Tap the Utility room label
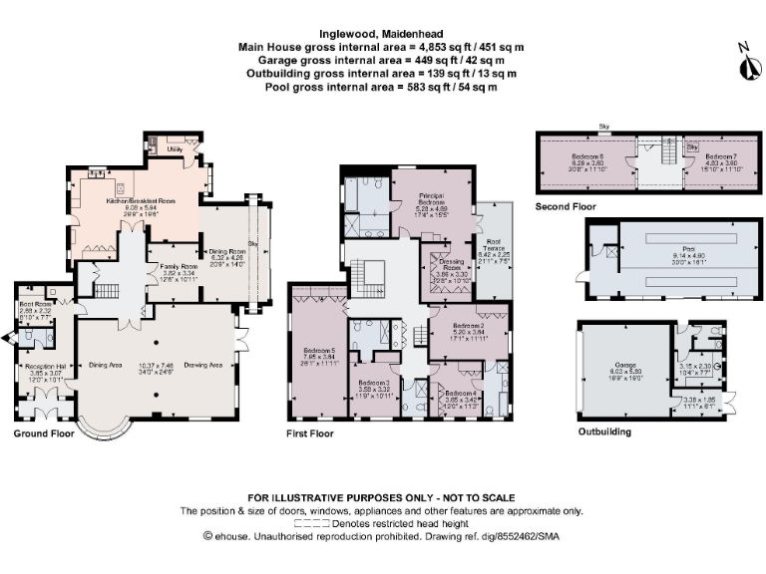click(174, 148)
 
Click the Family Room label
click(174, 267)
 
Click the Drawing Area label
click(202, 366)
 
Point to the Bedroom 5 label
click(318, 350)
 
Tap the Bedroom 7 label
click(720, 156)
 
